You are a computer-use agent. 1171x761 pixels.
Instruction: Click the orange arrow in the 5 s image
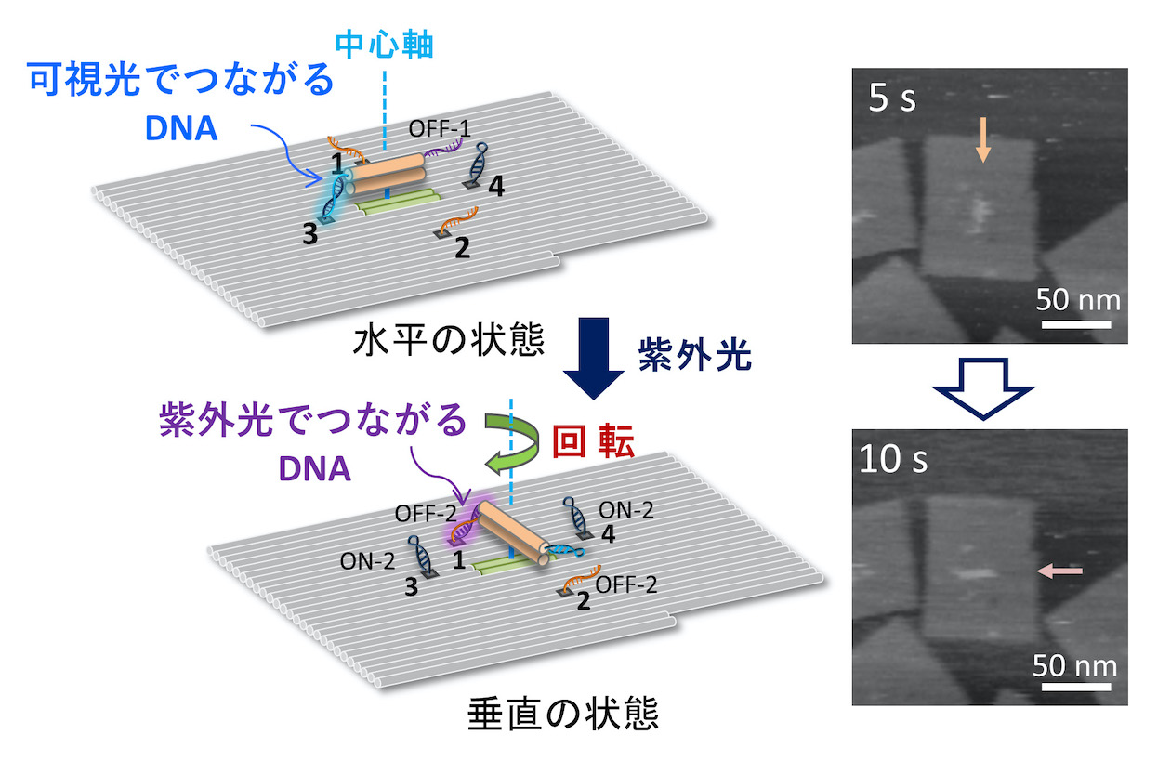click(983, 143)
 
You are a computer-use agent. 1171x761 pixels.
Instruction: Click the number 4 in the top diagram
click(495, 187)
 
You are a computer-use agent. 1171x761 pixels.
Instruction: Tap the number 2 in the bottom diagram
click(583, 600)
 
